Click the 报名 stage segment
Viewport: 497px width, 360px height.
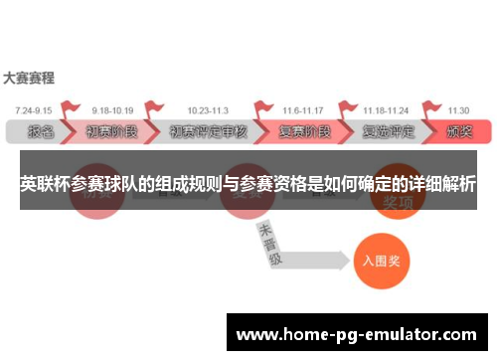[x=40, y=131]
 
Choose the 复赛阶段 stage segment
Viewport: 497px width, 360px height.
[x=303, y=131]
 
